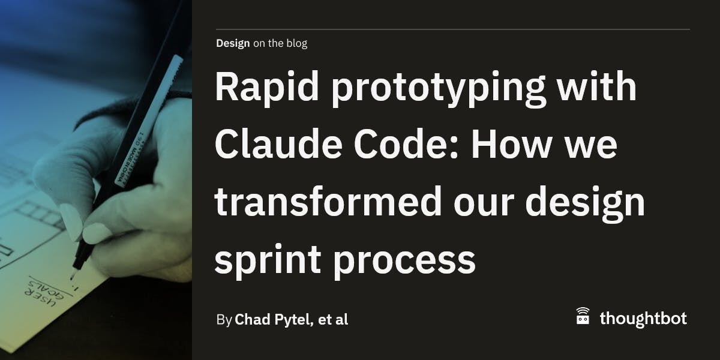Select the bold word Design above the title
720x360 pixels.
point(233,43)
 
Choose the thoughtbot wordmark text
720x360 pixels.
point(643,319)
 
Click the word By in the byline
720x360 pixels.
point(224,320)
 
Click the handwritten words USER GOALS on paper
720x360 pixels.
point(41,292)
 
